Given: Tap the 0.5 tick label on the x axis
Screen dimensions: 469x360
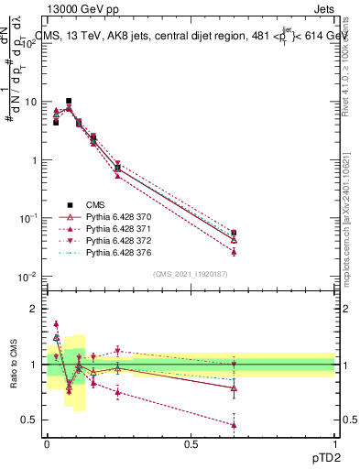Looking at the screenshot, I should tap(191, 443).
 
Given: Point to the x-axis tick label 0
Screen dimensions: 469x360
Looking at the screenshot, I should tap(47, 443).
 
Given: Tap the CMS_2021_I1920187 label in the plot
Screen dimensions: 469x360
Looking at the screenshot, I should tap(191, 273).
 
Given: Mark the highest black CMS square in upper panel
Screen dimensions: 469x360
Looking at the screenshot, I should tap(69, 101).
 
